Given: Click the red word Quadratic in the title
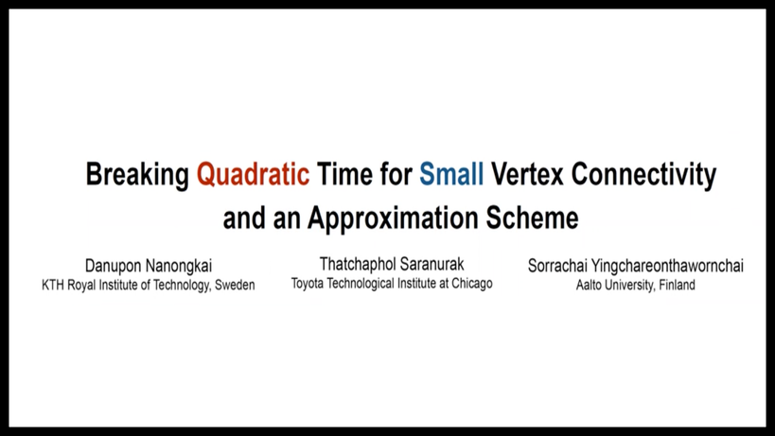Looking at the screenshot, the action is tap(253, 175).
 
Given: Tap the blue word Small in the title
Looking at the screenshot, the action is tap(451, 174).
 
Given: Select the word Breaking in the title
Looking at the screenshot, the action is tap(137, 175).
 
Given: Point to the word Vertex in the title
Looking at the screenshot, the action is tap(527, 174).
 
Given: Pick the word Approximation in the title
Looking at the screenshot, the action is tap(393, 218).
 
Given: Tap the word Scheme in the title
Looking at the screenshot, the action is tap(532, 218).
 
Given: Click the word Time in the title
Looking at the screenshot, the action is tap(344, 174).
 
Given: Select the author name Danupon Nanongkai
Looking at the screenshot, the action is tap(149, 266).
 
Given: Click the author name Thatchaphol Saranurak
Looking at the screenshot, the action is tap(392, 264).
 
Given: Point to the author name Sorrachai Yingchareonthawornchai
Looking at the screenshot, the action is tap(636, 266).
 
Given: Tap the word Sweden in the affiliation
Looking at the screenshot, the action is tap(235, 285).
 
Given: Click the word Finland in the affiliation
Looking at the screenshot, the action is tap(678, 285).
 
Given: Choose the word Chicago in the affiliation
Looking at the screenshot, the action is tap(472, 284).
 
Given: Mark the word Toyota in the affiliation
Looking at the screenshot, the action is tap(307, 284).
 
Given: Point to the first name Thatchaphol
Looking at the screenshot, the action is tap(357, 264).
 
